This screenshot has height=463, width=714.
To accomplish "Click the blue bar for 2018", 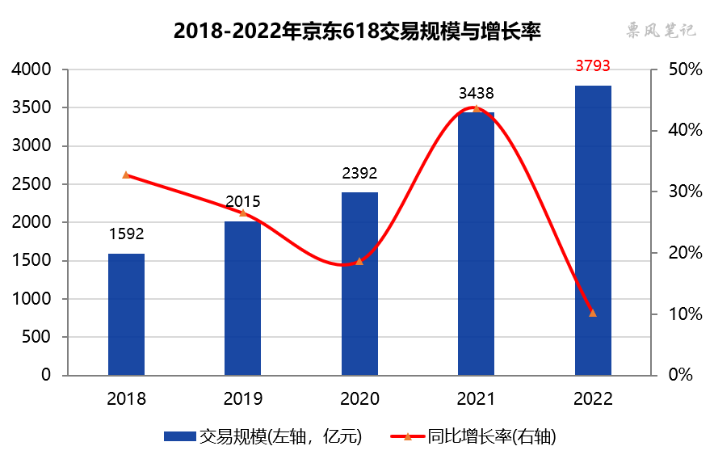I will pyautogui.click(x=126, y=314).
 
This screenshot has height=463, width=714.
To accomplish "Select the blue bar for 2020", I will pyautogui.click(x=359, y=284).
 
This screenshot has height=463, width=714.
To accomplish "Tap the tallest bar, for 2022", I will pyautogui.click(x=593, y=230).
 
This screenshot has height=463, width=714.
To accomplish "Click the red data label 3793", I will pyautogui.click(x=592, y=65).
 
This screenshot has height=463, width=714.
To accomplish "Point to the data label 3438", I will pyautogui.click(x=476, y=93).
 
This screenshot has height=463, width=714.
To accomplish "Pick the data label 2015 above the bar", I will pyautogui.click(x=242, y=201).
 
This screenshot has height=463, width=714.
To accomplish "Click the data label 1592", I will pyautogui.click(x=126, y=234).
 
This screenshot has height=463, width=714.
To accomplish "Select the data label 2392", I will pyautogui.click(x=359, y=173).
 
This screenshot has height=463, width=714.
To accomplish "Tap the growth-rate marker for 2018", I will pyautogui.click(x=126, y=175).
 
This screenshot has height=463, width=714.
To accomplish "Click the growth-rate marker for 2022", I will pyautogui.click(x=593, y=313).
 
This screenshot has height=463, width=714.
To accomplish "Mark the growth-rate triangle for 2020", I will pyautogui.click(x=359, y=261).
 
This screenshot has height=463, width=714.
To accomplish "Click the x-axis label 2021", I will pyautogui.click(x=476, y=398).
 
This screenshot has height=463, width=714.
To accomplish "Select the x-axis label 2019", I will pyautogui.click(x=242, y=398).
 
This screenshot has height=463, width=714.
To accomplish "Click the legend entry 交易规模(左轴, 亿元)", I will pyautogui.click(x=262, y=437).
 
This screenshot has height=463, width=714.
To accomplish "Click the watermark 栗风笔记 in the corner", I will pyautogui.click(x=661, y=32).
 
